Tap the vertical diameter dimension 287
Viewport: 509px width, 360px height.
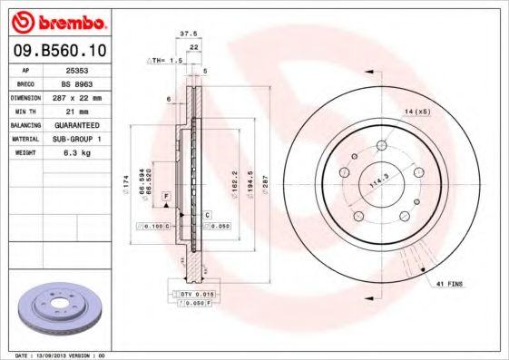click(x=265, y=174)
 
